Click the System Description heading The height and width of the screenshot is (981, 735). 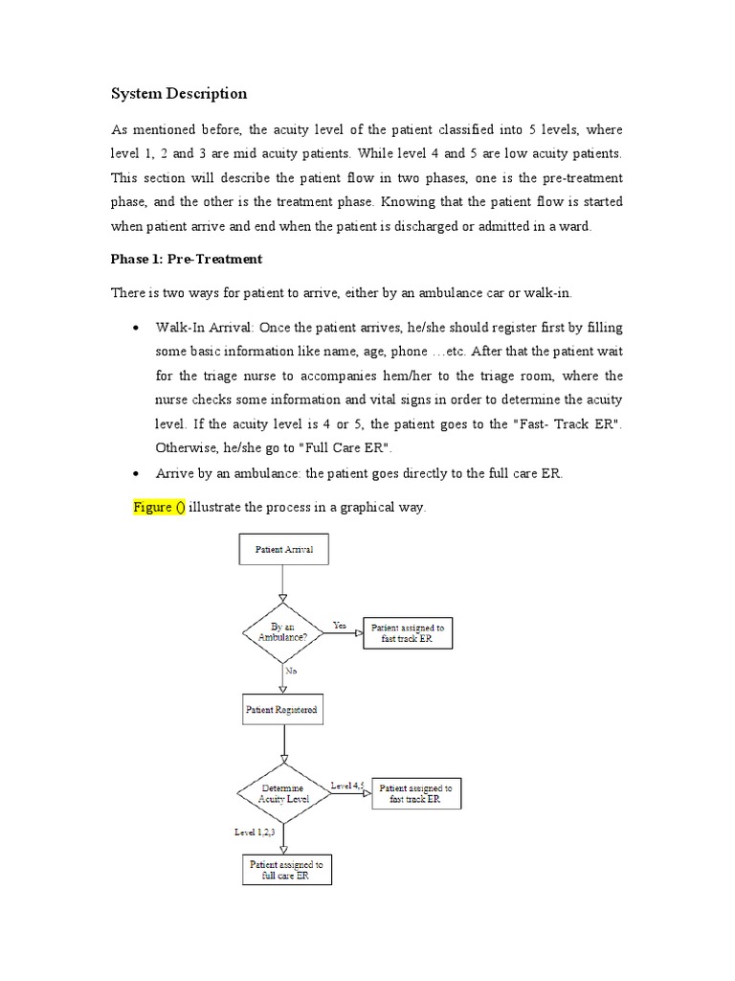pyautogui.click(x=179, y=93)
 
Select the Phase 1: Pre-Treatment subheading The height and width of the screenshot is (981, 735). pyautogui.click(x=186, y=259)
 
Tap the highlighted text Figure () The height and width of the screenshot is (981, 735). pyautogui.click(x=159, y=507)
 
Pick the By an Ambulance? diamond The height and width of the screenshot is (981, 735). pyautogui.click(x=283, y=632)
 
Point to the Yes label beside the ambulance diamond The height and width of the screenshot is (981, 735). pyautogui.click(x=339, y=625)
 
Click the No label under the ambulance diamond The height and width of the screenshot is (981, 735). pyautogui.click(x=291, y=671)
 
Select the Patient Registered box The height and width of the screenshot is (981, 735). pyautogui.click(x=281, y=710)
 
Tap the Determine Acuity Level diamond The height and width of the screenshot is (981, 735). pyautogui.click(x=283, y=793)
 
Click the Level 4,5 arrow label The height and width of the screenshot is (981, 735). pyautogui.click(x=347, y=786)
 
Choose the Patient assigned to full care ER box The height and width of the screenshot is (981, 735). pyautogui.click(x=286, y=870)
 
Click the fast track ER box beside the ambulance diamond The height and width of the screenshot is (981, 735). pyautogui.click(x=406, y=633)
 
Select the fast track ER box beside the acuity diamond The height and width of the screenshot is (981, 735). pyautogui.click(x=415, y=793)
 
